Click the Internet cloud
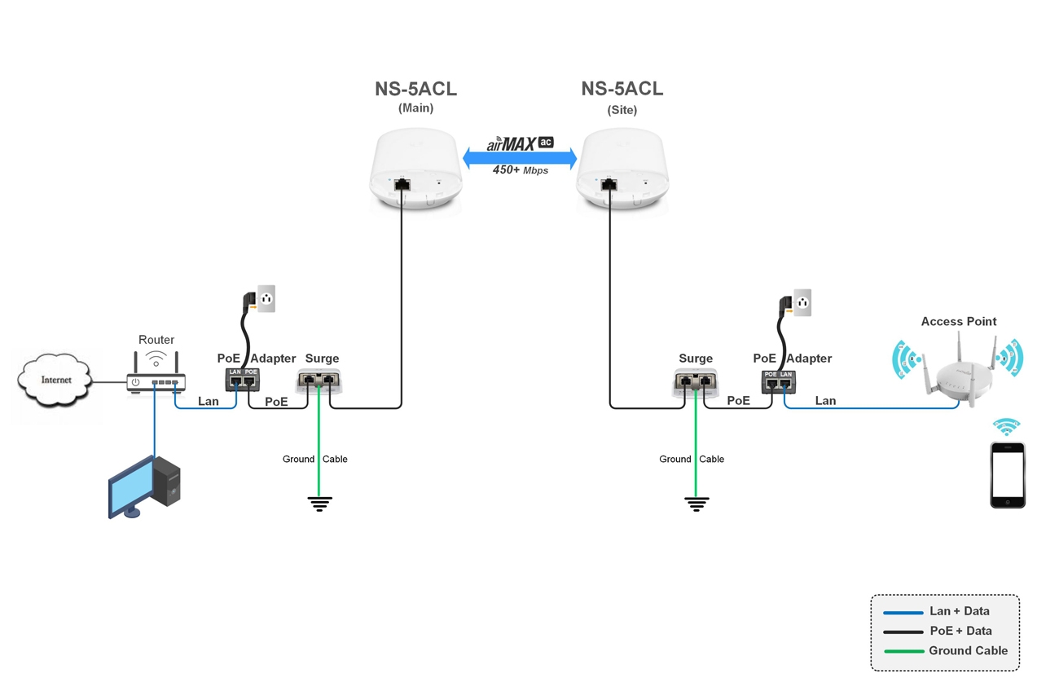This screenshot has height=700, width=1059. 55,381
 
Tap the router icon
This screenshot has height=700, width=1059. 156,381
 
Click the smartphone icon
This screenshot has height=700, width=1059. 1007,475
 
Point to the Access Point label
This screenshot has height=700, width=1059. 958,322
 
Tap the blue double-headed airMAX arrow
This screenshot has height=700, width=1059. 520,157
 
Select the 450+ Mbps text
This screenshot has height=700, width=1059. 520,171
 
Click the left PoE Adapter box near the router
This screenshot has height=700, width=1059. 242,379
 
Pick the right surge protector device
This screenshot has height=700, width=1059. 696,380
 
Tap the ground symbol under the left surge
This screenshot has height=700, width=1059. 319,504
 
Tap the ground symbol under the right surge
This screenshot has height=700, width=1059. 696,504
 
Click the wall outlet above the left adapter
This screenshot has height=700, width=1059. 266,298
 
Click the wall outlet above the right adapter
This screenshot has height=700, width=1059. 802,303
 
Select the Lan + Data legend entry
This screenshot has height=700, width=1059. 945,611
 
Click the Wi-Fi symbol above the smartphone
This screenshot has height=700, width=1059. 1006,427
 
